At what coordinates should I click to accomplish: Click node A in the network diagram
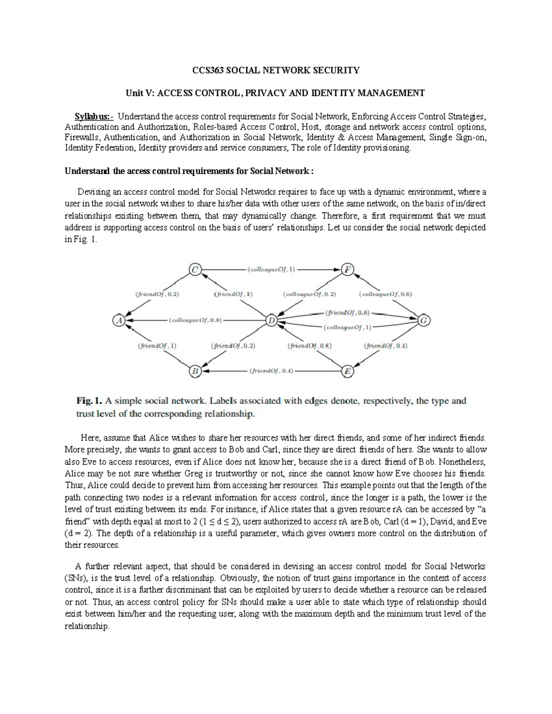point(119,320)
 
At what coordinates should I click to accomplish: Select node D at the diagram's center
point(271,320)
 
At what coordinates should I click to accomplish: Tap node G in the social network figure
point(424,320)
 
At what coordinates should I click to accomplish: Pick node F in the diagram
point(347,270)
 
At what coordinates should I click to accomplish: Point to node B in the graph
point(195,371)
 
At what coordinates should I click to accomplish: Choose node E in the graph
point(347,371)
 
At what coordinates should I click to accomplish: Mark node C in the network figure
point(195,270)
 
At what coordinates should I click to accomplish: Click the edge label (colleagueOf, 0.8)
point(195,320)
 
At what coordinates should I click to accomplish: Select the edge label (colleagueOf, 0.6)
point(385,294)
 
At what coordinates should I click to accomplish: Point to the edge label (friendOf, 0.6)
point(348,313)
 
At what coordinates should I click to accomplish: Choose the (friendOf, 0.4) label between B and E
point(271,371)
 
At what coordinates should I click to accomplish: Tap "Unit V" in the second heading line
point(139,93)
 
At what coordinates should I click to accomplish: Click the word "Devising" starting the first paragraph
point(92,192)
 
